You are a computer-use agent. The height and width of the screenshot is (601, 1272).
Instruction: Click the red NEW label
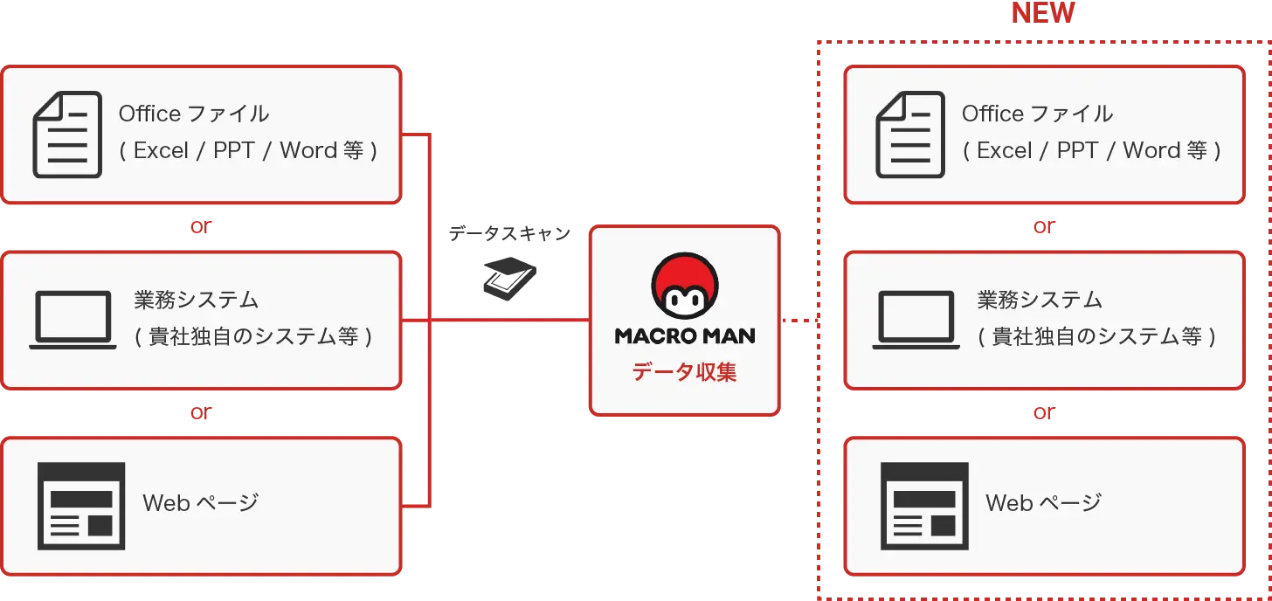[1042, 13]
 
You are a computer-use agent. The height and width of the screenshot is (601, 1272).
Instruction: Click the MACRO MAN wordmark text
[685, 335]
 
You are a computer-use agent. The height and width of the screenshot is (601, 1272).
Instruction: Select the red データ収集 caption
[685, 372]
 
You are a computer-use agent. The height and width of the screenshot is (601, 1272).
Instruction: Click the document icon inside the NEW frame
[910, 135]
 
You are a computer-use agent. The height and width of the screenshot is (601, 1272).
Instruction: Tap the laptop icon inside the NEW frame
[916, 320]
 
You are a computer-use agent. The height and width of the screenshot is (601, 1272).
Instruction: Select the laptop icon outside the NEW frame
[73, 320]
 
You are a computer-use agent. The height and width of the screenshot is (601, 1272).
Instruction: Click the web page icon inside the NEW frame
[924, 506]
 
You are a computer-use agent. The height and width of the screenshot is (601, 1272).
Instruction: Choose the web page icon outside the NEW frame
[81, 506]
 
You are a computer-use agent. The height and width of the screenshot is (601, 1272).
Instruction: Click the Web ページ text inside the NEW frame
[1043, 503]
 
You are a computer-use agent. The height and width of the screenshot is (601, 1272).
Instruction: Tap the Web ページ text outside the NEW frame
[200, 503]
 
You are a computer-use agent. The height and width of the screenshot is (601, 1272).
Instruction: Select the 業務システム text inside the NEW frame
[1040, 300]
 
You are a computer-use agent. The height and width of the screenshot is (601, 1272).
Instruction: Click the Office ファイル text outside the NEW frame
[194, 114]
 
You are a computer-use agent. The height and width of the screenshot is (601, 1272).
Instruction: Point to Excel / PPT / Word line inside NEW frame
[1092, 150]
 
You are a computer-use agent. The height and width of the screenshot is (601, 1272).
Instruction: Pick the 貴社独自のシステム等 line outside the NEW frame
[253, 336]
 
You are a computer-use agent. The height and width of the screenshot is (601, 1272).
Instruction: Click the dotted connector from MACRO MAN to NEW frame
[797, 321]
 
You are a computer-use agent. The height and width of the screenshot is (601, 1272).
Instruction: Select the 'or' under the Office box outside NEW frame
[201, 227]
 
